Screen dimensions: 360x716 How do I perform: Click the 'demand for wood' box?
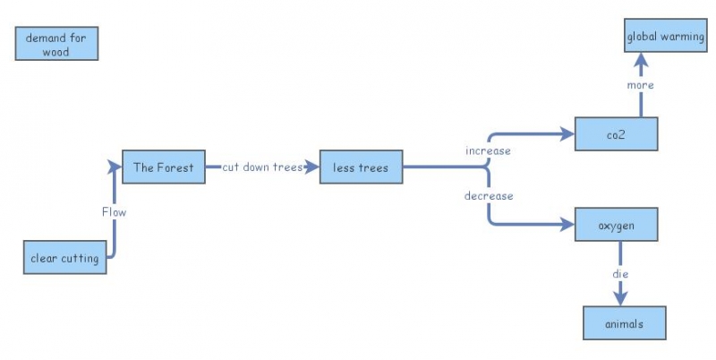tap(56, 43)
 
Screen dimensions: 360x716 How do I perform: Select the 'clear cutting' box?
tap(64, 258)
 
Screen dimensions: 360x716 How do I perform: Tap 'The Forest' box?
tap(163, 167)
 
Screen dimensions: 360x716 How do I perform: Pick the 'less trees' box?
tap(361, 167)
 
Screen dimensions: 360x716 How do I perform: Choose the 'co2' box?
tap(617, 134)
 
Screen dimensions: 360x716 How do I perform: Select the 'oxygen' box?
tap(617, 225)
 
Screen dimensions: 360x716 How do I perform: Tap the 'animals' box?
tap(625, 323)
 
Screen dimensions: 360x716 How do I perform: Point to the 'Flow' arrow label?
tap(114, 212)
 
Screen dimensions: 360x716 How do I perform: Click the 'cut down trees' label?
tap(262, 167)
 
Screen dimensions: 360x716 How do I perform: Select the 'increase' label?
tap(488, 150)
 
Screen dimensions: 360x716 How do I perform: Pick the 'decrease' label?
tap(489, 195)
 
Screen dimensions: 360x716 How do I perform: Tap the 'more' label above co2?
tap(641, 85)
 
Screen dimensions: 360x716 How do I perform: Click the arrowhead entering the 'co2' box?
tap(566, 134)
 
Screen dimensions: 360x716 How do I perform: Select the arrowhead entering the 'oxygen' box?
tap(566, 225)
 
